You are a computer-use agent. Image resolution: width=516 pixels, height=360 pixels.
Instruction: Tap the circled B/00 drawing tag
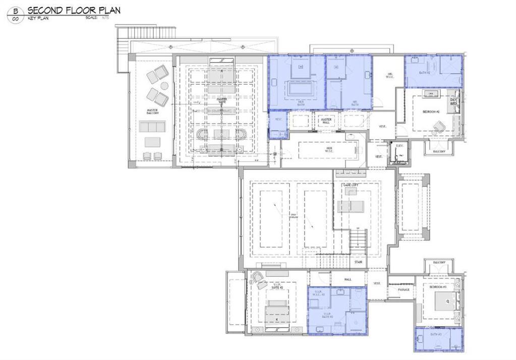pyautogui.click(x=15, y=15)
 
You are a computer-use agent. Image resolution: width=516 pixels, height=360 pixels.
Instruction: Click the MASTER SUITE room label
pyautogui.click(x=222, y=101)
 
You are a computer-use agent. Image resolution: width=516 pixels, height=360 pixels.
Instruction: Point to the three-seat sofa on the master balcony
pyautogui.click(x=152, y=127)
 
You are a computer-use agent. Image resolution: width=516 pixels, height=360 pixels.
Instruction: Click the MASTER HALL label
pyautogui.click(x=326, y=121)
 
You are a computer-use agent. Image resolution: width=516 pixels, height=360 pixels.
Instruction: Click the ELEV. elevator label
pyautogui.click(x=399, y=145)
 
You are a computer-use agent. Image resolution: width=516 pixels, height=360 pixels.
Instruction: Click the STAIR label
pyautogui.click(x=358, y=262)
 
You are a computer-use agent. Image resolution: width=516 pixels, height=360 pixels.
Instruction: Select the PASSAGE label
pyautogui.click(x=404, y=289)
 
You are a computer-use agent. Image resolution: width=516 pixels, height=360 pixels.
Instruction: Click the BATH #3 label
pyautogui.click(x=435, y=334)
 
